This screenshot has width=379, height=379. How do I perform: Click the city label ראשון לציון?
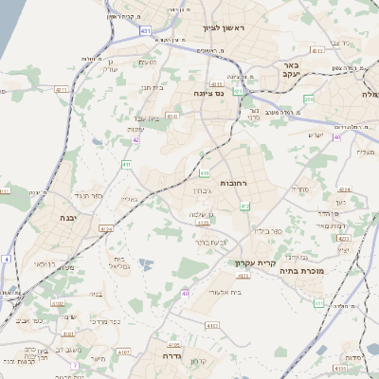click(224, 28)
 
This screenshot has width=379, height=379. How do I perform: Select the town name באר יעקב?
click(291, 70)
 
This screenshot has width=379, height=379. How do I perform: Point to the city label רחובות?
click(232, 182)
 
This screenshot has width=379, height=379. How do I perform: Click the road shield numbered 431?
click(145, 31)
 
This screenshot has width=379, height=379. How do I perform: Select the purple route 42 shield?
click(135, 139)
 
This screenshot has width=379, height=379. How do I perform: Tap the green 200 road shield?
click(309, 99)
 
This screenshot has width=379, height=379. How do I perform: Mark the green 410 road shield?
click(205, 172)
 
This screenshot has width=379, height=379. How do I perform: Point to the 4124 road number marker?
click(105, 228)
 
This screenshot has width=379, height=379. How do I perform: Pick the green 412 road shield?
click(244, 206)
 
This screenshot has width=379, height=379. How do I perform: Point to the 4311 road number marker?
click(62, 89)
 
